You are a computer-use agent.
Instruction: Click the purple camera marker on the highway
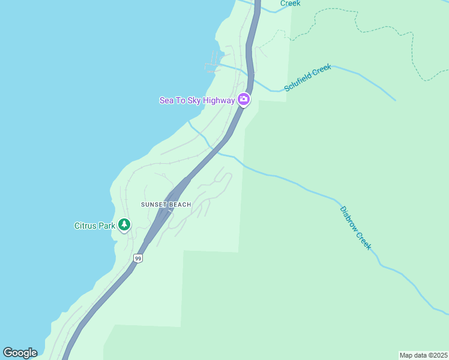[244, 99]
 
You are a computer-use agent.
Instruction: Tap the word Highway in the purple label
[219, 100]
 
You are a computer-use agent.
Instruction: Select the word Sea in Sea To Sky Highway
[166, 100]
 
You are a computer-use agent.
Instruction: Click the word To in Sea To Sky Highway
[181, 100]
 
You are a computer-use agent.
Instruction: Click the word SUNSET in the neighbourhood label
[154, 205]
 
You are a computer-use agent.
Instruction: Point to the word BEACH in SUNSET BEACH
[179, 205]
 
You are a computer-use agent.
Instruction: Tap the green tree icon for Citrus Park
[124, 225]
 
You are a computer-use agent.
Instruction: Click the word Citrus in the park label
[86, 226]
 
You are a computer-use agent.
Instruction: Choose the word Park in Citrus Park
[106, 226]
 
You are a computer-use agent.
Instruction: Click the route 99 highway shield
[138, 259]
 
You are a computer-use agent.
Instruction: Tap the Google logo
[20, 353]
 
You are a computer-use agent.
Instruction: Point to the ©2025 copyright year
[438, 355]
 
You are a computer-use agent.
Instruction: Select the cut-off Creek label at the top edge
[290, 3]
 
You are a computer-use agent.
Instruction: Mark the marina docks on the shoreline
[214, 63]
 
